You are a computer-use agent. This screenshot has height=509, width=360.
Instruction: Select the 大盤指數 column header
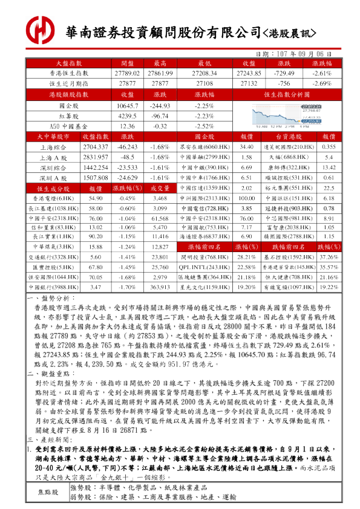(x=69, y=63)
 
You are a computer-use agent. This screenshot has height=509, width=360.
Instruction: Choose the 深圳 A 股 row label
(x=54, y=178)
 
